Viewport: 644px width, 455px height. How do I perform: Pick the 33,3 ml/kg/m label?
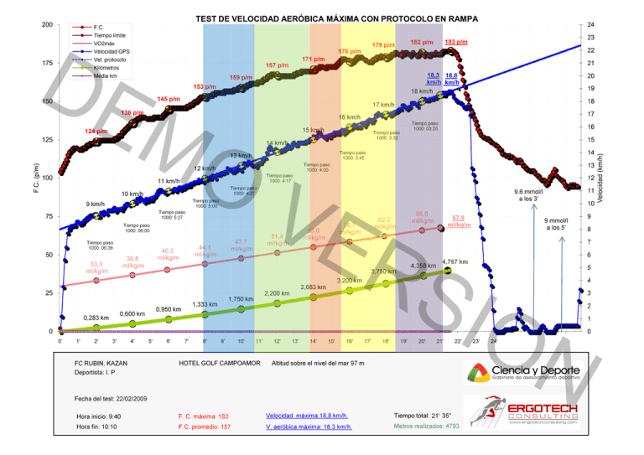point(96,267)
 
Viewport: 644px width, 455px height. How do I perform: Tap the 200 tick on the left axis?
point(46,25)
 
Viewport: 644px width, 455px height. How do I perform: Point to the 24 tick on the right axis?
point(590,25)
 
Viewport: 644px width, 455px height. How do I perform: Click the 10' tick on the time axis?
point(241,341)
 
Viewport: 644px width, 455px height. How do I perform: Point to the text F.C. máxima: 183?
point(203,416)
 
